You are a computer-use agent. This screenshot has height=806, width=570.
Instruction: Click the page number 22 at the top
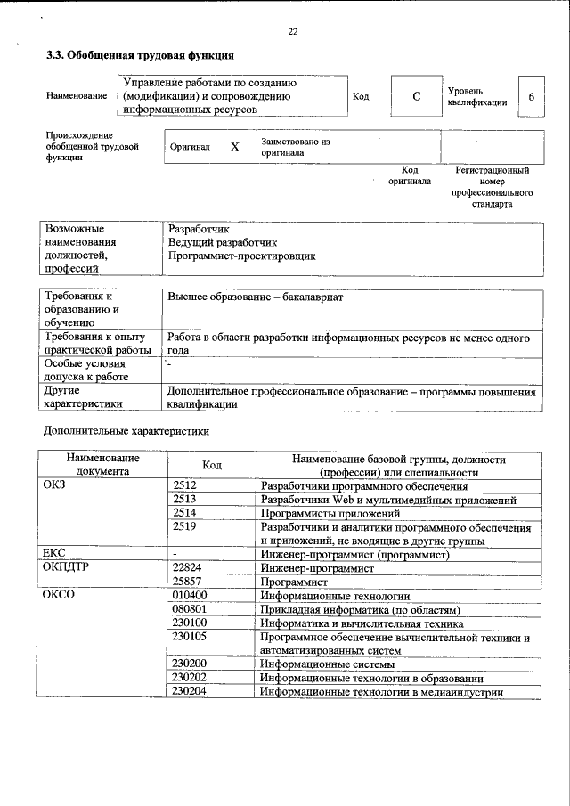click(293, 32)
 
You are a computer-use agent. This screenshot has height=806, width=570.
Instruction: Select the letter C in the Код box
click(416, 96)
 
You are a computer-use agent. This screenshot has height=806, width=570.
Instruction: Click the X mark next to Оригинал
click(234, 147)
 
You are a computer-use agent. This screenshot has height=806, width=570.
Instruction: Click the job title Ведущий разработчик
click(223, 242)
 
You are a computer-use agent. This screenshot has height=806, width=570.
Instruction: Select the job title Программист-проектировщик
click(241, 256)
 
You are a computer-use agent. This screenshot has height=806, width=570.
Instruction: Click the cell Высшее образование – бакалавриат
click(256, 297)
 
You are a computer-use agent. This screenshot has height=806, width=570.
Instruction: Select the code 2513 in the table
click(184, 501)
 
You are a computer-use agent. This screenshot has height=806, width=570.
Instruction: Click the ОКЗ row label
click(55, 486)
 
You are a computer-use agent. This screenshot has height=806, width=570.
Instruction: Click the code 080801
click(190, 610)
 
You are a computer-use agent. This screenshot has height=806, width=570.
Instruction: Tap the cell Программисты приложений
click(330, 514)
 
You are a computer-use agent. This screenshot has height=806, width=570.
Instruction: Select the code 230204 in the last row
click(190, 691)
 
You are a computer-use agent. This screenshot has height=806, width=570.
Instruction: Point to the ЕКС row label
click(55, 554)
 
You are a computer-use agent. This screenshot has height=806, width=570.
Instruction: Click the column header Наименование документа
click(102, 465)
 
